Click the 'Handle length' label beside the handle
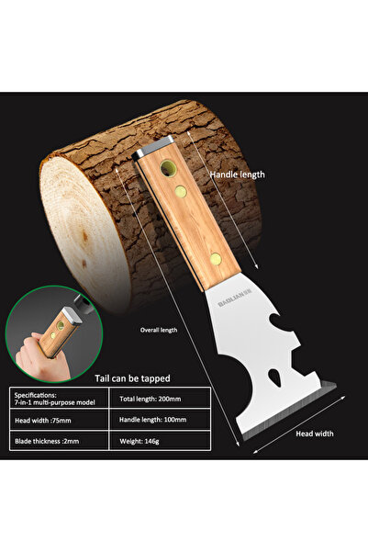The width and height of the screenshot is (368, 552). pyautogui.click(x=237, y=175)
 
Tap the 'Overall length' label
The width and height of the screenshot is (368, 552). pyautogui.click(x=159, y=331)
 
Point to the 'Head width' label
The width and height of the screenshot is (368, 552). pyautogui.click(x=315, y=434)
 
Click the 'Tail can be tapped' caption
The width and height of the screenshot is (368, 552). pyautogui.click(x=132, y=378)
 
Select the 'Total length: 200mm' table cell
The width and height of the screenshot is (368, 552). pyautogui.click(x=160, y=399)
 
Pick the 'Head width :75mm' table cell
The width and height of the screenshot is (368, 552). pyautogui.click(x=59, y=420)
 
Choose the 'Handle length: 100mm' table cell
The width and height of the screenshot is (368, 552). pyautogui.click(x=160, y=420)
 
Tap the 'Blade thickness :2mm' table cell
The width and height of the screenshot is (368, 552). pyautogui.click(x=59, y=441)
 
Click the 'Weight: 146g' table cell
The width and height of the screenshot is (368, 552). pyautogui.click(x=160, y=441)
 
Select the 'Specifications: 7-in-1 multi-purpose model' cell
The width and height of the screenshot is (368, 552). pyautogui.click(x=59, y=399)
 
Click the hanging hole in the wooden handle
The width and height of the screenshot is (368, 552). pyautogui.click(x=168, y=168)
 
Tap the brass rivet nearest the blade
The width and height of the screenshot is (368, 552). pyautogui.click(x=216, y=259)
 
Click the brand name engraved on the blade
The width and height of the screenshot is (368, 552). pyautogui.click(x=235, y=299)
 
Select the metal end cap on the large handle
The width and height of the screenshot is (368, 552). pyautogui.click(x=153, y=148)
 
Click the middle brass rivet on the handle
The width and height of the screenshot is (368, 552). pyautogui.click(x=181, y=191)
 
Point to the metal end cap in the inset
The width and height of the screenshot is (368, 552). pyautogui.click(x=72, y=315)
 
